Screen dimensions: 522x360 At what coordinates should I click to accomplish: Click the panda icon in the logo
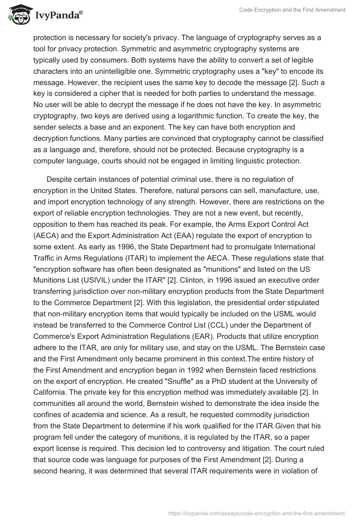[x=18, y=15]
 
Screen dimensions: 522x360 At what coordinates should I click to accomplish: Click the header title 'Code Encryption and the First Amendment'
[x=292, y=10]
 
